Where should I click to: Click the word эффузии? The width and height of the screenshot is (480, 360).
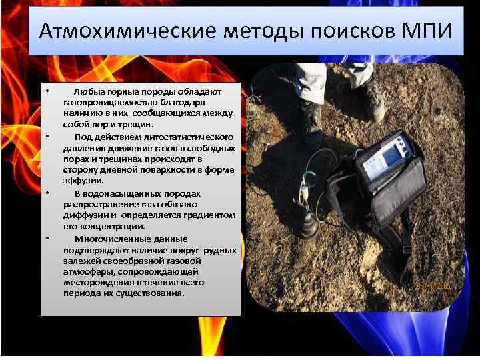pos(83,181)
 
